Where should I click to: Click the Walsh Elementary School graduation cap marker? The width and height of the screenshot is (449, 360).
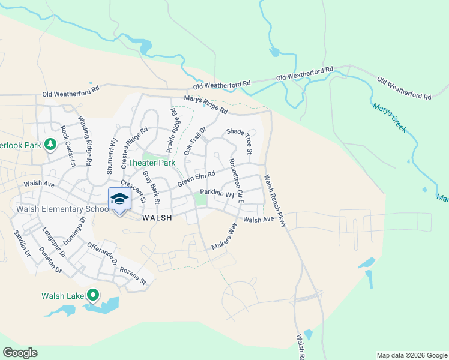(119, 200)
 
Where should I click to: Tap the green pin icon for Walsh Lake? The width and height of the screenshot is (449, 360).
(93, 295)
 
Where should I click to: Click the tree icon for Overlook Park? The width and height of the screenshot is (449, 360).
(51, 144)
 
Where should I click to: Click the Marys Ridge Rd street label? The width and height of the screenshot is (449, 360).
(206, 106)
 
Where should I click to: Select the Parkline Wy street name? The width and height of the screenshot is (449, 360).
(217, 193)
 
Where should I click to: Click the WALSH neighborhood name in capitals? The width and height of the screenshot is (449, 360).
(157, 218)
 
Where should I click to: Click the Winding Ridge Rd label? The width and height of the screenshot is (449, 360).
(85, 141)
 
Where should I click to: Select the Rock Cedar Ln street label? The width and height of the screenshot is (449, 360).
(68, 146)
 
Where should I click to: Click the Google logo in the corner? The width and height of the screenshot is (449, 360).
(20, 353)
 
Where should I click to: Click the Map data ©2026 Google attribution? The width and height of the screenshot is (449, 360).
(411, 355)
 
